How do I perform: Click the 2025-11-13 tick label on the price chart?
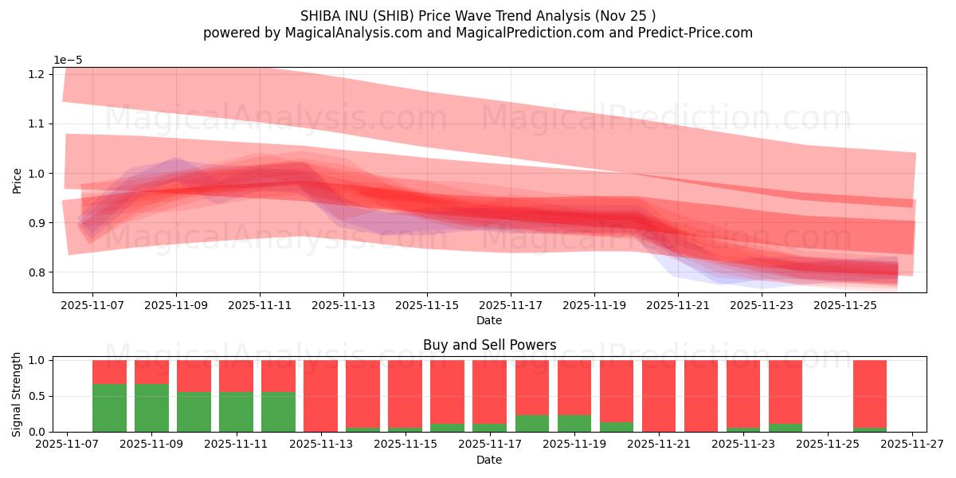click(343, 304)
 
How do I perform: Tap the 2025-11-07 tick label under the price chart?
click(92, 304)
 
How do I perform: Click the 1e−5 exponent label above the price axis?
click(68, 60)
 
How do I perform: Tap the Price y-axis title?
click(18, 179)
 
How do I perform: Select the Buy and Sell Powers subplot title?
click(489, 345)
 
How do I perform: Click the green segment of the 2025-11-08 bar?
click(109, 408)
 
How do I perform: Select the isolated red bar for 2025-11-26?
click(869, 394)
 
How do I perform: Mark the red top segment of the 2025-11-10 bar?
click(194, 375)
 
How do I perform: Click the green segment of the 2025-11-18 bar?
click(531, 423)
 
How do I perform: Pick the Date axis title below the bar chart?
click(489, 460)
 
